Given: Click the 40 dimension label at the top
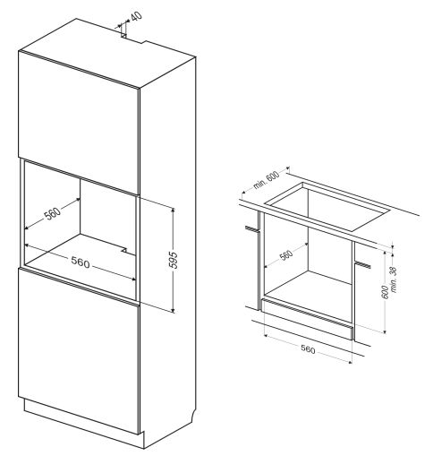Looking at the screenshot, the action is pos(136,16).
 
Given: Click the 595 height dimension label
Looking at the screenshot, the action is pos(174,260).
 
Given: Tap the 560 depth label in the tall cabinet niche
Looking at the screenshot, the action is pos(53,213).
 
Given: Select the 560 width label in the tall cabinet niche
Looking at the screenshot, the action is pos(81,262).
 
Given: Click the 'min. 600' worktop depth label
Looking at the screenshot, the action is pos(266,180).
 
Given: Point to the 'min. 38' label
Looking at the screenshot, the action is pos(394,279).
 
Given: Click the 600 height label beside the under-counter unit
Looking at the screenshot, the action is pos(385,292).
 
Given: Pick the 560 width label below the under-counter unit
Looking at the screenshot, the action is pos(308,349).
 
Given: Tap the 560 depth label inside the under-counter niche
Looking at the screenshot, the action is pos(286,255).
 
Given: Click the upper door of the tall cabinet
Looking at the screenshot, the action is pos(79,122).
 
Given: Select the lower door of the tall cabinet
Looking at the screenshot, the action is pos(79,351).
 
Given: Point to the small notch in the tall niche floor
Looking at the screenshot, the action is pos(123,250).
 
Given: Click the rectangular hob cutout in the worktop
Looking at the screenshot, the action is pos(327,207).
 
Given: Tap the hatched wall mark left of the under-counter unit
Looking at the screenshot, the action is pos(252,229).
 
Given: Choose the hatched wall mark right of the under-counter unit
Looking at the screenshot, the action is pos(363,264).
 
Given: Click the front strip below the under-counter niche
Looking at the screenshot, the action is pos(307,319).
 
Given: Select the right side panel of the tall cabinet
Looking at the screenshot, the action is pos(167,250).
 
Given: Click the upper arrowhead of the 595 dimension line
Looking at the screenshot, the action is pos(173,210).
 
